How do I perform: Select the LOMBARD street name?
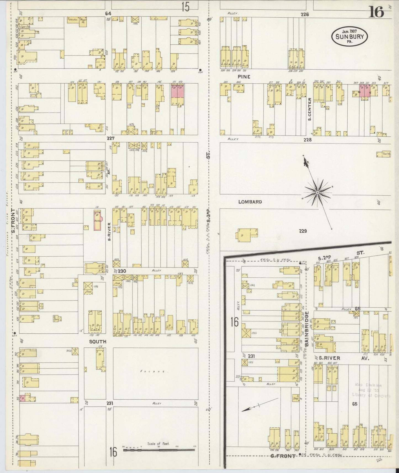tap(250, 202)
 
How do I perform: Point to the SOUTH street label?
tap(97, 341)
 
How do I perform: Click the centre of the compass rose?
tap(318, 192)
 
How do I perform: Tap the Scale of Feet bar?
tap(159, 450)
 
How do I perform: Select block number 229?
tap(303, 231)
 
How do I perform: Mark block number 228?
tap(307, 140)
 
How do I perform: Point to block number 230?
tap(122, 271)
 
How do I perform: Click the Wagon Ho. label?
tap(83, 21)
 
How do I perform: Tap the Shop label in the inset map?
tap(296, 398)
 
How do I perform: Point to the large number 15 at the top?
tap(186, 7)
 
